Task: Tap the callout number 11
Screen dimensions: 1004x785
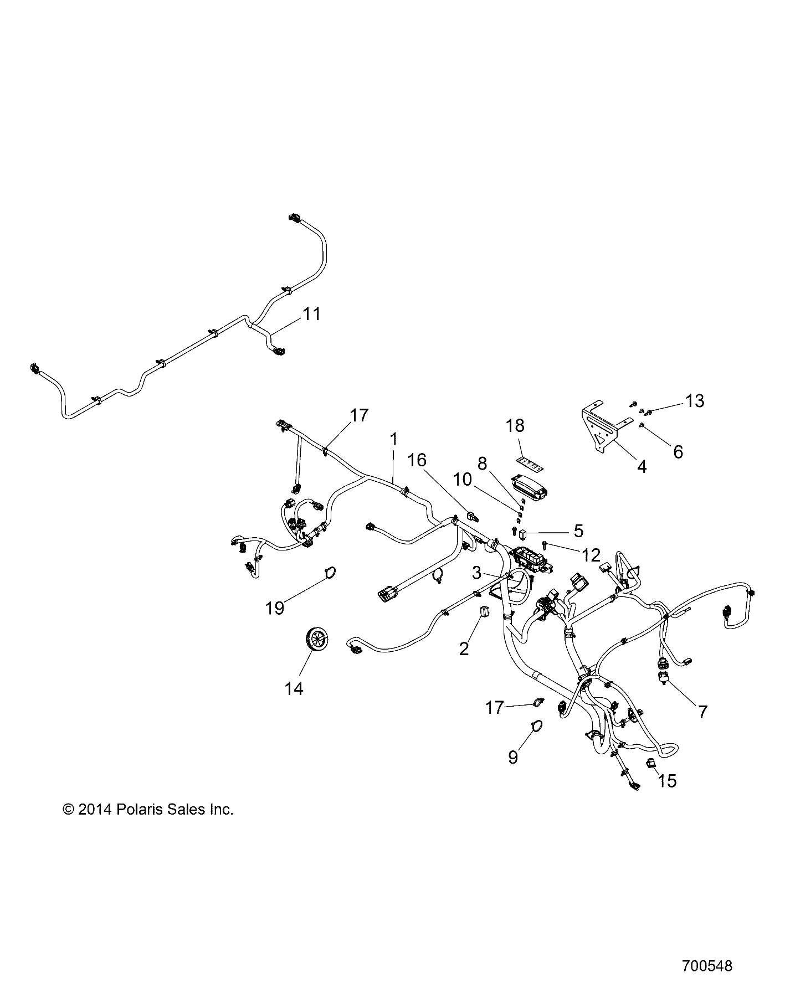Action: tap(311, 314)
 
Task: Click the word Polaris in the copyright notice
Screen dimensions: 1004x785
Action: tap(136, 810)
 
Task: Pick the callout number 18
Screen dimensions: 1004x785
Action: tap(515, 426)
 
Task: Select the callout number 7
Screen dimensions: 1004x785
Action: tap(702, 711)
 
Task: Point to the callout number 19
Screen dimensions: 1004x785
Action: tap(274, 607)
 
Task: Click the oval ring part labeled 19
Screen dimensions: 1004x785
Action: tap(329, 572)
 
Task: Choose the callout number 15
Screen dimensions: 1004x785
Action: tap(667, 781)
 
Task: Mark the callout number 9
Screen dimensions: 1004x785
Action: tap(513, 757)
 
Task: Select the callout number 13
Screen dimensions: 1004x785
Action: tap(695, 400)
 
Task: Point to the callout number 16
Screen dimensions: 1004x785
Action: tap(418, 460)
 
